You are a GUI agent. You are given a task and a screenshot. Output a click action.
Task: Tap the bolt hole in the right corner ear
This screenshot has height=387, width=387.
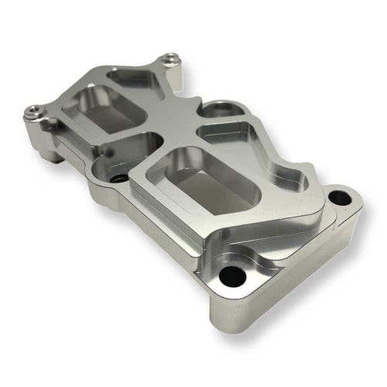339,197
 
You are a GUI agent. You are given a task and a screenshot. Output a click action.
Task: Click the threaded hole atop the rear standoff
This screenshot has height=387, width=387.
170,58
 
